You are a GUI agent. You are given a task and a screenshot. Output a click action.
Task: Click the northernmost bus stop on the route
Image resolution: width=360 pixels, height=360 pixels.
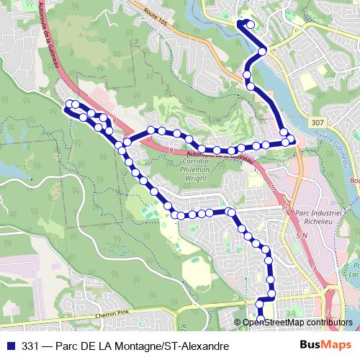tap(251, 24)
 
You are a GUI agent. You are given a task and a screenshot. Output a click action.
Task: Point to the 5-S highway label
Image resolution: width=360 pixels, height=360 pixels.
tap(287, 207)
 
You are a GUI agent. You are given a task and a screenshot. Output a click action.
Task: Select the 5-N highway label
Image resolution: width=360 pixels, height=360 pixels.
tap(300, 235)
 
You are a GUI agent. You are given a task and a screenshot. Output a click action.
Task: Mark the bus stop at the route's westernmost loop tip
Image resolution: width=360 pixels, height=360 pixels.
tap(69, 105)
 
